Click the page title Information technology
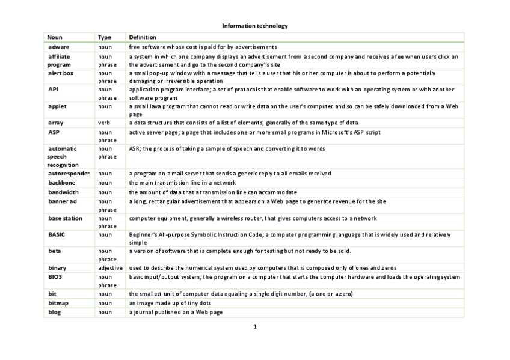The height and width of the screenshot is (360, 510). tap(255, 26)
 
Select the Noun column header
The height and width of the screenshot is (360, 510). tap(55, 37)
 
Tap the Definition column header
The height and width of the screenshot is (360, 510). tap(143, 37)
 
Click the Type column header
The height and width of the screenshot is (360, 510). tap(105, 37)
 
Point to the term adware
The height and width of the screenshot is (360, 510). tap(58, 47)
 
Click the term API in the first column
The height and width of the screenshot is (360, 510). tap(53, 89)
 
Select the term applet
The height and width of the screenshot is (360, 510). tap(58, 106)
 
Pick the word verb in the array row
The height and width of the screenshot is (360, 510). tap(104, 123)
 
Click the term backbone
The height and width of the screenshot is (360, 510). tap(62, 183)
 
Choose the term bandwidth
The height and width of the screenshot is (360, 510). tap(63, 192)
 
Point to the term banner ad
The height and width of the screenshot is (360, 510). tap(63, 201)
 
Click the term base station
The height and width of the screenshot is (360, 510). tap(65, 218)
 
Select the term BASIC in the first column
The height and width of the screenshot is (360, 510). tap(57, 234)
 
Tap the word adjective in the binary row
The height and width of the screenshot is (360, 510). tap(110, 268)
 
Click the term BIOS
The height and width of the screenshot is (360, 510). tap(55, 277)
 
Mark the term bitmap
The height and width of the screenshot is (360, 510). tap(59, 303)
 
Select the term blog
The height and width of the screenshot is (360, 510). tap(55, 313)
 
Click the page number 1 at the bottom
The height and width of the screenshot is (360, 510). tap(255, 327)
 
